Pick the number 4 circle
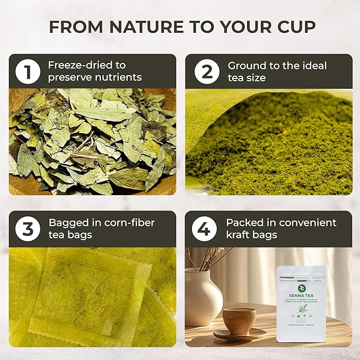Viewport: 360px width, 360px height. click(x=203, y=229)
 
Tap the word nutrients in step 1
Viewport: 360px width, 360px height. click(x=121, y=77)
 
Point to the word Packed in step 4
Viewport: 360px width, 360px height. click(x=243, y=223)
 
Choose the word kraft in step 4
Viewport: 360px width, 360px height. click(x=239, y=235)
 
